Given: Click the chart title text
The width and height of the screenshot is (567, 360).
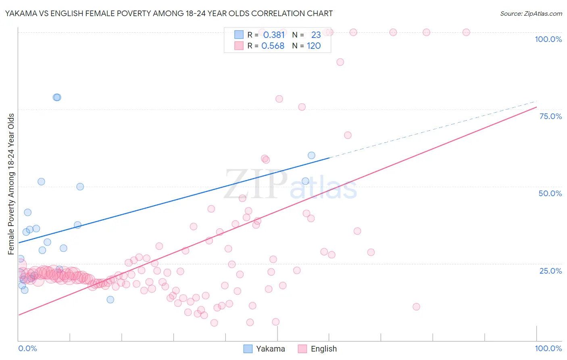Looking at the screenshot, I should [x=169, y=13].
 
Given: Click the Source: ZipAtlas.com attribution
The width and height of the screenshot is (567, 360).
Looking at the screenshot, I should [x=531, y=13].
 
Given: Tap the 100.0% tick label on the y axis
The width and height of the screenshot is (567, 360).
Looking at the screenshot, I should [x=548, y=39].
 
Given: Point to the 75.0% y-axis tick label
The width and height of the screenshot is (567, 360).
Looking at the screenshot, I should [x=550, y=116].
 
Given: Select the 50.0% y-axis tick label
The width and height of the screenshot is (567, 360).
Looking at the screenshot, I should [x=550, y=193].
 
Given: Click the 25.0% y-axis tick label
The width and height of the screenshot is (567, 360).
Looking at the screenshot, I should [x=550, y=270].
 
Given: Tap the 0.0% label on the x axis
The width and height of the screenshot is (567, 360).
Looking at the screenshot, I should [x=27, y=348].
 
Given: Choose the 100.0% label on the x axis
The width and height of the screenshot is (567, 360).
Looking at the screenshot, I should [x=548, y=348].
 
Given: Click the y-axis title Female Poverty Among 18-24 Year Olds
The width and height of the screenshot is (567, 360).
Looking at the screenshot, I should [x=11, y=184].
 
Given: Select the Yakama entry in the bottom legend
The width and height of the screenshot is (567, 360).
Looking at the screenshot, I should [x=265, y=349].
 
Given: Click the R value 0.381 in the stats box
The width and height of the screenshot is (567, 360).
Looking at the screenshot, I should [x=274, y=35].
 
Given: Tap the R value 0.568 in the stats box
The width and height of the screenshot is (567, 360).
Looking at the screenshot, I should [x=273, y=46].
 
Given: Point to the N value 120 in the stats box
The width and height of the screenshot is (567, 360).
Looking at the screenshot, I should [x=314, y=46].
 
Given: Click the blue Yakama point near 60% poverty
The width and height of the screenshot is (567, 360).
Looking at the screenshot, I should [x=311, y=155].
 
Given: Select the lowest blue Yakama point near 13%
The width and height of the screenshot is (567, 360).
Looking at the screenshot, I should [x=110, y=299].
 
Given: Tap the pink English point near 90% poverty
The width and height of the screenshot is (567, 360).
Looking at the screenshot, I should [x=340, y=62].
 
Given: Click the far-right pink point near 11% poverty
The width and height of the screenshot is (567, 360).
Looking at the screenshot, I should [x=416, y=307].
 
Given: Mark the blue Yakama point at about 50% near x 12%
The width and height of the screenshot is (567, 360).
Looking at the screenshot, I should [x=80, y=186].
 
